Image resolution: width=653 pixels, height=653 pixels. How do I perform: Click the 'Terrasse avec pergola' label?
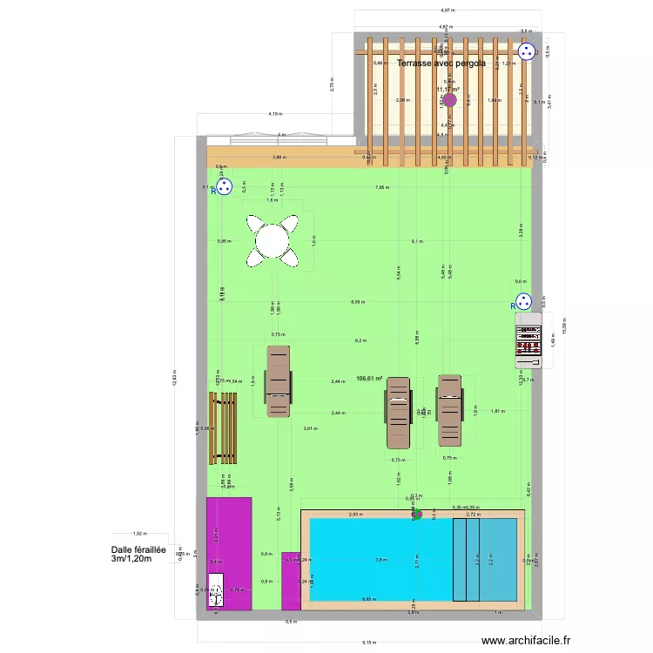[441, 64]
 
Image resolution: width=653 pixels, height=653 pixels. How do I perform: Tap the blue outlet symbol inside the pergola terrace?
[527, 52]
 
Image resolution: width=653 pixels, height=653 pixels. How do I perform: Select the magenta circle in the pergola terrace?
[449, 100]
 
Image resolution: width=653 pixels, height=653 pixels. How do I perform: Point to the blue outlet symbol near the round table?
[224, 186]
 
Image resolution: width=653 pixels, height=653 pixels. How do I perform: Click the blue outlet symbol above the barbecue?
[523, 301]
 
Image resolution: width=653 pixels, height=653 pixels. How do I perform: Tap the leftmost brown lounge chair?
[277, 381]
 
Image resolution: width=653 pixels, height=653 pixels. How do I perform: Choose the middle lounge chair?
[398, 412]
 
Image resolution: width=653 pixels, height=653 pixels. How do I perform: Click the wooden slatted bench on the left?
[223, 427]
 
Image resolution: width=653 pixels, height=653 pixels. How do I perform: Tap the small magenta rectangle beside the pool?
[291, 581]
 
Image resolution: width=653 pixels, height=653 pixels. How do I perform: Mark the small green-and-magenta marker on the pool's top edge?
[416, 514]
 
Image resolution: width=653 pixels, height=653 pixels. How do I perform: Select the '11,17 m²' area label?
[448, 89]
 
